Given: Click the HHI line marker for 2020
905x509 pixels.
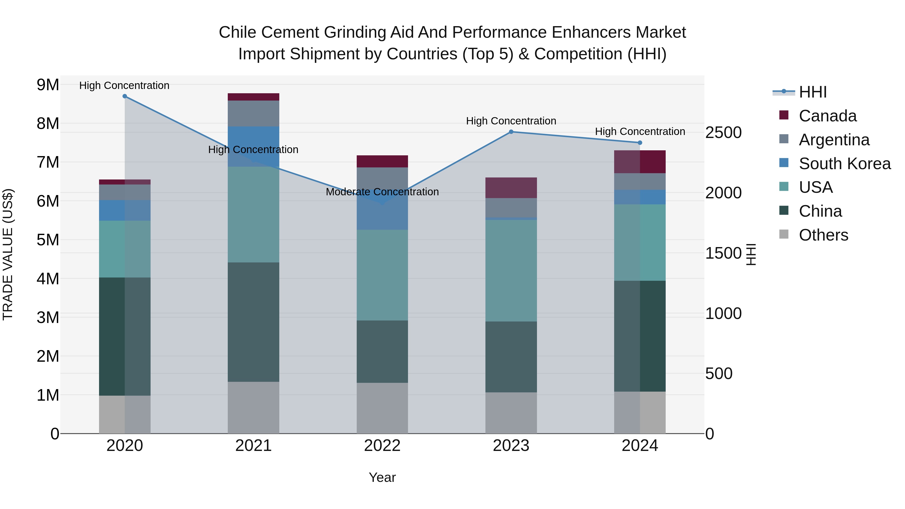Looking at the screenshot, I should [x=125, y=96].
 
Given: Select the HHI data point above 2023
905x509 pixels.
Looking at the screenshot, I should [x=511, y=132].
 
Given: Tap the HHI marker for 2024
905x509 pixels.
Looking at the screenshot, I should [x=640, y=143].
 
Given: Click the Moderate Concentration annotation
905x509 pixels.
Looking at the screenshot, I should [x=382, y=192].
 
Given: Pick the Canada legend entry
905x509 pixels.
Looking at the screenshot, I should [x=827, y=116].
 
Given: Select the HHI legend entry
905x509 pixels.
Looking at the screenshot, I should [x=812, y=92].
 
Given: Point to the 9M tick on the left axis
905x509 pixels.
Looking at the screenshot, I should [x=48, y=85].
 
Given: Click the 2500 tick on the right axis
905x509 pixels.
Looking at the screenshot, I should [x=723, y=132].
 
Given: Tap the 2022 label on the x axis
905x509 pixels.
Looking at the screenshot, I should [x=382, y=446].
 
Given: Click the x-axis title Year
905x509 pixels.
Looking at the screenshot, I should [x=382, y=477].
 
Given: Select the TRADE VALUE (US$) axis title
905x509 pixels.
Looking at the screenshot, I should [x=8, y=254].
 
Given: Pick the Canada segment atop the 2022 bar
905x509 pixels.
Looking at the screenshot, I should [x=382, y=161].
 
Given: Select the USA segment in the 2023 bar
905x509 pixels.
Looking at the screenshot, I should [x=511, y=270].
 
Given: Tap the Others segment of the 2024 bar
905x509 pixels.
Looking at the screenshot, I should [x=640, y=412].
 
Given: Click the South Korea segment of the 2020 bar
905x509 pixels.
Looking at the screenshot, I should [x=125, y=210].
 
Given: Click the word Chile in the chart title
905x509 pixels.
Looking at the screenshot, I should [x=238, y=32].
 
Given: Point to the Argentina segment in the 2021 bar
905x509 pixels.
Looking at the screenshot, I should [x=253, y=113].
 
